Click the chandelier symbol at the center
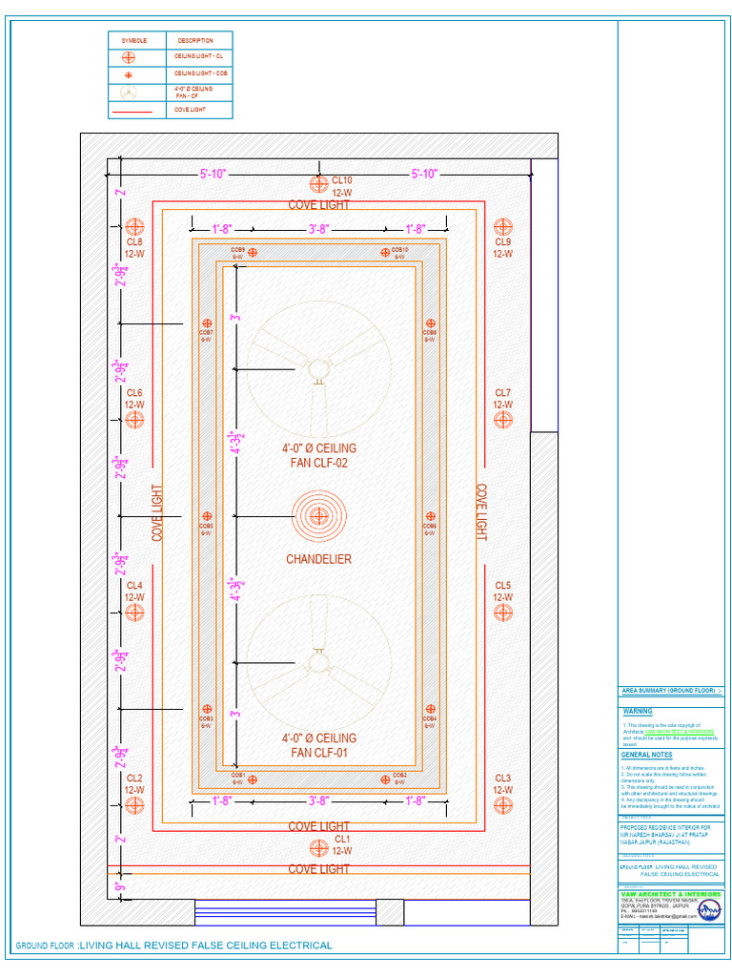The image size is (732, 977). click(319, 516)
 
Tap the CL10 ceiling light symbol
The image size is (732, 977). click(318, 184)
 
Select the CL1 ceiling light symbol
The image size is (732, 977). click(318, 845)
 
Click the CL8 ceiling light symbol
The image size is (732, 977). click(134, 227)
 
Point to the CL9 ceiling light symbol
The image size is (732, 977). click(503, 227)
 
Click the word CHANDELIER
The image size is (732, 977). click(318, 559)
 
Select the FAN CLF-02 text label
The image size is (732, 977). click(318, 464)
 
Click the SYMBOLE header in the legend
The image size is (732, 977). click(134, 41)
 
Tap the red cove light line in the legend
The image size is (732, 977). click(132, 112)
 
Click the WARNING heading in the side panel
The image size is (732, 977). click(638, 712)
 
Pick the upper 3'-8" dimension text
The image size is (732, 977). click(318, 229)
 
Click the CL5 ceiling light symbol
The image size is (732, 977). click(503, 613)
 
